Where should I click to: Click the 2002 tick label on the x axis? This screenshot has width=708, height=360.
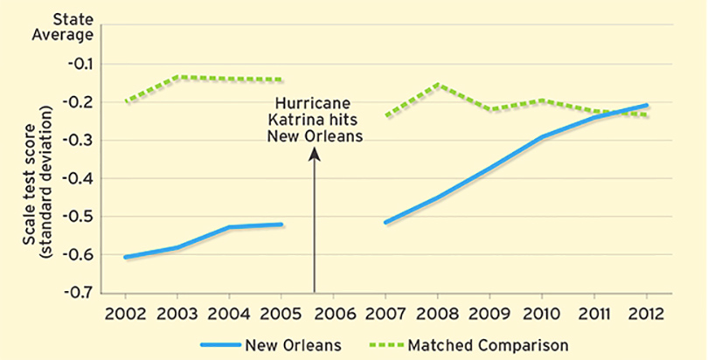[125, 311]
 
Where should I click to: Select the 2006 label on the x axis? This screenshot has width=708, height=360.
[333, 311]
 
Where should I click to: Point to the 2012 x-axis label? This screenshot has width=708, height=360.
[646, 311]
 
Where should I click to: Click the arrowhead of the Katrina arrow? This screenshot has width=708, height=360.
[315, 152]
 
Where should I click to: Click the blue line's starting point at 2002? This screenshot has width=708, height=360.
[125, 258]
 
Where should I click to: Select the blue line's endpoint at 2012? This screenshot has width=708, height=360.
[647, 105]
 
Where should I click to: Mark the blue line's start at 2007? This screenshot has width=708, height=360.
[385, 222]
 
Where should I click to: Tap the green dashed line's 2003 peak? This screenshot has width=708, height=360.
[177, 77]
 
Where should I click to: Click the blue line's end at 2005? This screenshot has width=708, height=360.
[281, 225]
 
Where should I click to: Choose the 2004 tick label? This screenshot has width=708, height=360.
[229, 311]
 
